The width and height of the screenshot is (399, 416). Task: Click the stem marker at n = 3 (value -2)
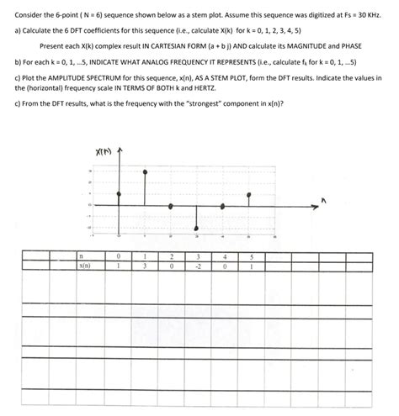197,227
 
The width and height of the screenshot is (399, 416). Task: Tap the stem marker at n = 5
248,195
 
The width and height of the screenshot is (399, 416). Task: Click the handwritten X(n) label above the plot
104,152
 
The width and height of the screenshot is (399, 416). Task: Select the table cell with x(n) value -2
198,266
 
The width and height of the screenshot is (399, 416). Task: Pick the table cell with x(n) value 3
146,266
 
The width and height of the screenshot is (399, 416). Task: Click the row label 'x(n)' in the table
84,266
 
